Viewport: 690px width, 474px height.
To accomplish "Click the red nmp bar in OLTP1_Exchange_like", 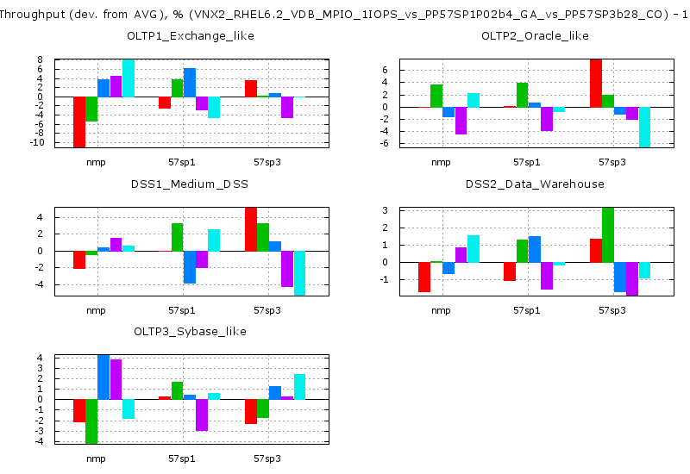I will (79, 122).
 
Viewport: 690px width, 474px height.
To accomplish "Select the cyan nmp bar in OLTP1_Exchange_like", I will (128, 78).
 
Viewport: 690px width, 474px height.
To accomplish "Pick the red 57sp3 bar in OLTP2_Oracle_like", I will (595, 84).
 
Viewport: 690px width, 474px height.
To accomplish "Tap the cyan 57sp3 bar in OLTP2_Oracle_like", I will (644, 127).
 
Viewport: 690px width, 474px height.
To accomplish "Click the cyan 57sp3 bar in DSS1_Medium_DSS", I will (299, 272).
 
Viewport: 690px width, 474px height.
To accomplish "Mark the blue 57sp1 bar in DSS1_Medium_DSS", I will (190, 266).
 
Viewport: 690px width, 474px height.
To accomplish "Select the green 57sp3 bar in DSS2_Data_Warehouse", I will (607, 234).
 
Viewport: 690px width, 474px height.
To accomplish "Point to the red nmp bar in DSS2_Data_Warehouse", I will (423, 277).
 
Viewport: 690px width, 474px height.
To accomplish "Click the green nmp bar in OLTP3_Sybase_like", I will (91, 421).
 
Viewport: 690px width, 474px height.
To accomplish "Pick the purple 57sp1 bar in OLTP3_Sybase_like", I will (202, 415).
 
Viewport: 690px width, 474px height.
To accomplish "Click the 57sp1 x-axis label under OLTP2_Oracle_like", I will (526, 162).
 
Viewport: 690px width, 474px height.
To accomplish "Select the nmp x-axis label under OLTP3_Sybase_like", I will (96, 458).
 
